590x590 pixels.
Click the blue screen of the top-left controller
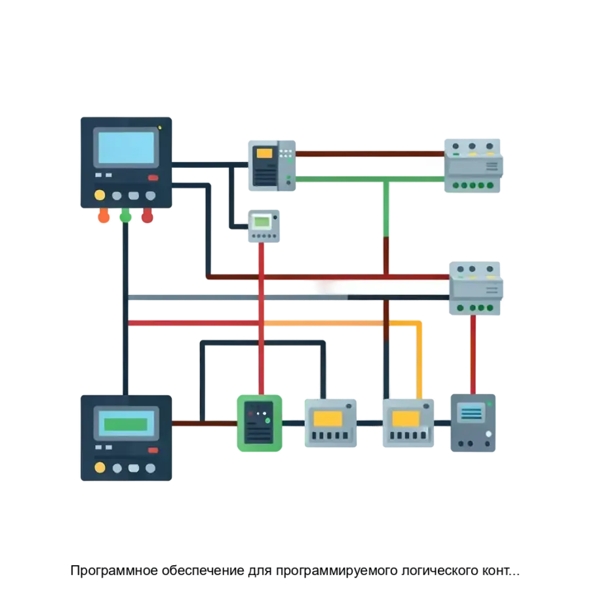(x=127, y=147)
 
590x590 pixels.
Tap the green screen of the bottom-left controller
(x=127, y=423)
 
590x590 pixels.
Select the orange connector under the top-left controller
(x=104, y=216)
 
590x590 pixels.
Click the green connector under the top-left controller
(x=126, y=216)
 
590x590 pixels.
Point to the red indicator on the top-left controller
(x=153, y=178)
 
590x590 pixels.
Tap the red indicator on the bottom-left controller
(x=153, y=450)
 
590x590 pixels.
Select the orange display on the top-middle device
(x=265, y=153)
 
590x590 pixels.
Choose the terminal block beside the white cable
(x=477, y=288)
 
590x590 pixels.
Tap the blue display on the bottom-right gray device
(x=471, y=413)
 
